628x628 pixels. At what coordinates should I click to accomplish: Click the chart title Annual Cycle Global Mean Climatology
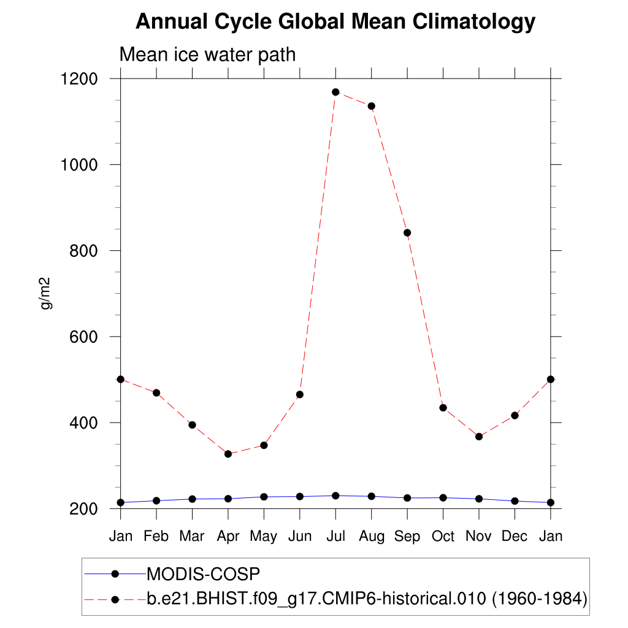(x=335, y=22)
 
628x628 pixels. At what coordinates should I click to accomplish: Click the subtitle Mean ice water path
(x=207, y=55)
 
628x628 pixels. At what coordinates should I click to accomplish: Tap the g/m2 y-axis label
(x=45, y=293)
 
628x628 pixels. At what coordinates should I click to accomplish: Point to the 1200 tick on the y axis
(x=80, y=79)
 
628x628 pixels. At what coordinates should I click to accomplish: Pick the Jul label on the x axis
(x=335, y=536)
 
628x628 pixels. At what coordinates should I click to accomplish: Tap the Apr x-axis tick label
(x=228, y=536)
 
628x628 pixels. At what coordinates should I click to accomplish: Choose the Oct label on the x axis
(x=443, y=536)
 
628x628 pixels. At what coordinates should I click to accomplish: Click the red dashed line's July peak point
(x=335, y=92)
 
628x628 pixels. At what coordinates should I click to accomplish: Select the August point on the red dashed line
(x=371, y=106)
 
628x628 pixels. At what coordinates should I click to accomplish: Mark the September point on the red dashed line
(x=407, y=232)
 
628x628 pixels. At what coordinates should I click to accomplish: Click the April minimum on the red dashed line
(x=228, y=454)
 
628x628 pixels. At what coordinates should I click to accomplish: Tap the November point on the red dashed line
(x=479, y=437)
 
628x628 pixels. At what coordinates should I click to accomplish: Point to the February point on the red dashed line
(x=156, y=392)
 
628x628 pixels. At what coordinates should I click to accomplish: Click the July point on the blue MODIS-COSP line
(x=335, y=496)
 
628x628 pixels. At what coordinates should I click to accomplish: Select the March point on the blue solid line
(x=192, y=499)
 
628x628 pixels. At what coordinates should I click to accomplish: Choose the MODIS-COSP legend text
(x=204, y=574)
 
